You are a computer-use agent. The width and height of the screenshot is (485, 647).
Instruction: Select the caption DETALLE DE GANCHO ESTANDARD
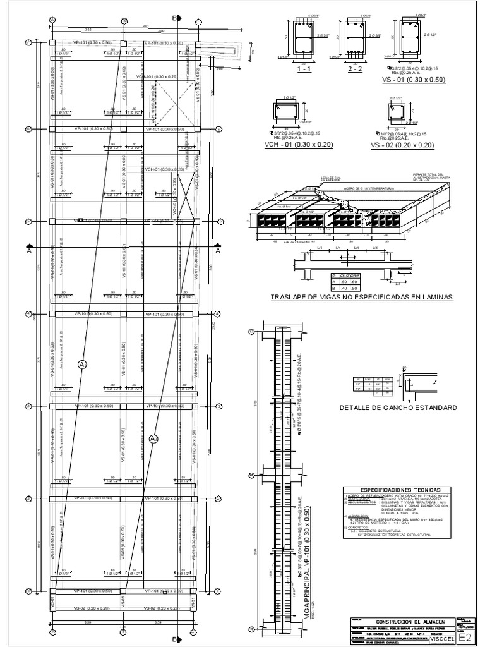click(398, 408)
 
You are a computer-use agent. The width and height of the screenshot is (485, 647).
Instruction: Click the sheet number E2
click(465, 638)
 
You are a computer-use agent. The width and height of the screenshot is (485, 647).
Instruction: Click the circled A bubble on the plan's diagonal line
click(82, 364)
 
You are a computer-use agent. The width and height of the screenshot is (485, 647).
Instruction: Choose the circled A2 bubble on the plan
click(153, 438)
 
